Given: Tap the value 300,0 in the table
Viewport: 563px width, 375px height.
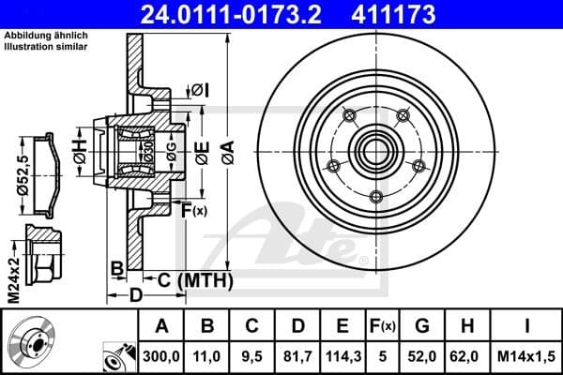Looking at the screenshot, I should coord(160,355).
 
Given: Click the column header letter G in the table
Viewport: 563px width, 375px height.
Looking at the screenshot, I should coord(421,327).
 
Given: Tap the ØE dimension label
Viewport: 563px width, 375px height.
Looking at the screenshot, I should coord(202,150).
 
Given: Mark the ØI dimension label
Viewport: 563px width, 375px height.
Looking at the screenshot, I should coord(200,89).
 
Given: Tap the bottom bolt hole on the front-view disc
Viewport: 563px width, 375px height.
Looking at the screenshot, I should coord(376,196).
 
